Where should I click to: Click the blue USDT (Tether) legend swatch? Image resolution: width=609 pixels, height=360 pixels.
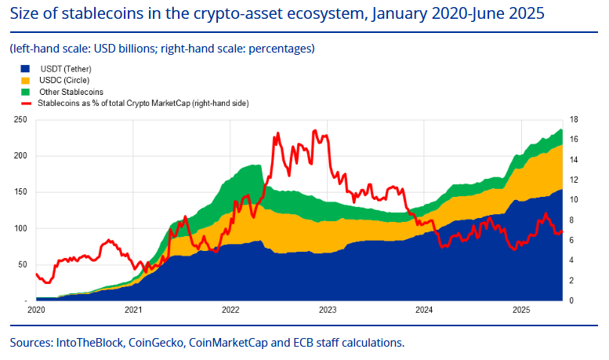click(25, 70)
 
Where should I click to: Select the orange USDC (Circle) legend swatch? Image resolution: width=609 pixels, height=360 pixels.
click(25, 81)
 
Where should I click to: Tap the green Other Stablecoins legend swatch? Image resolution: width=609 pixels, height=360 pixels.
click(25, 92)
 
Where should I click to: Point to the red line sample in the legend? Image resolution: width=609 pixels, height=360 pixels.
click(25, 103)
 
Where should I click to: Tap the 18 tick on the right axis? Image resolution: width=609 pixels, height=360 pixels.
click(574, 119)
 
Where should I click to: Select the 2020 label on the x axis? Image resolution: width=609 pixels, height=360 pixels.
click(36, 310)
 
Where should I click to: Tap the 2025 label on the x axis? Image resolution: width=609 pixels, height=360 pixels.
click(521, 310)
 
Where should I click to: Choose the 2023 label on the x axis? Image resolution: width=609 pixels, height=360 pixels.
click(328, 310)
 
